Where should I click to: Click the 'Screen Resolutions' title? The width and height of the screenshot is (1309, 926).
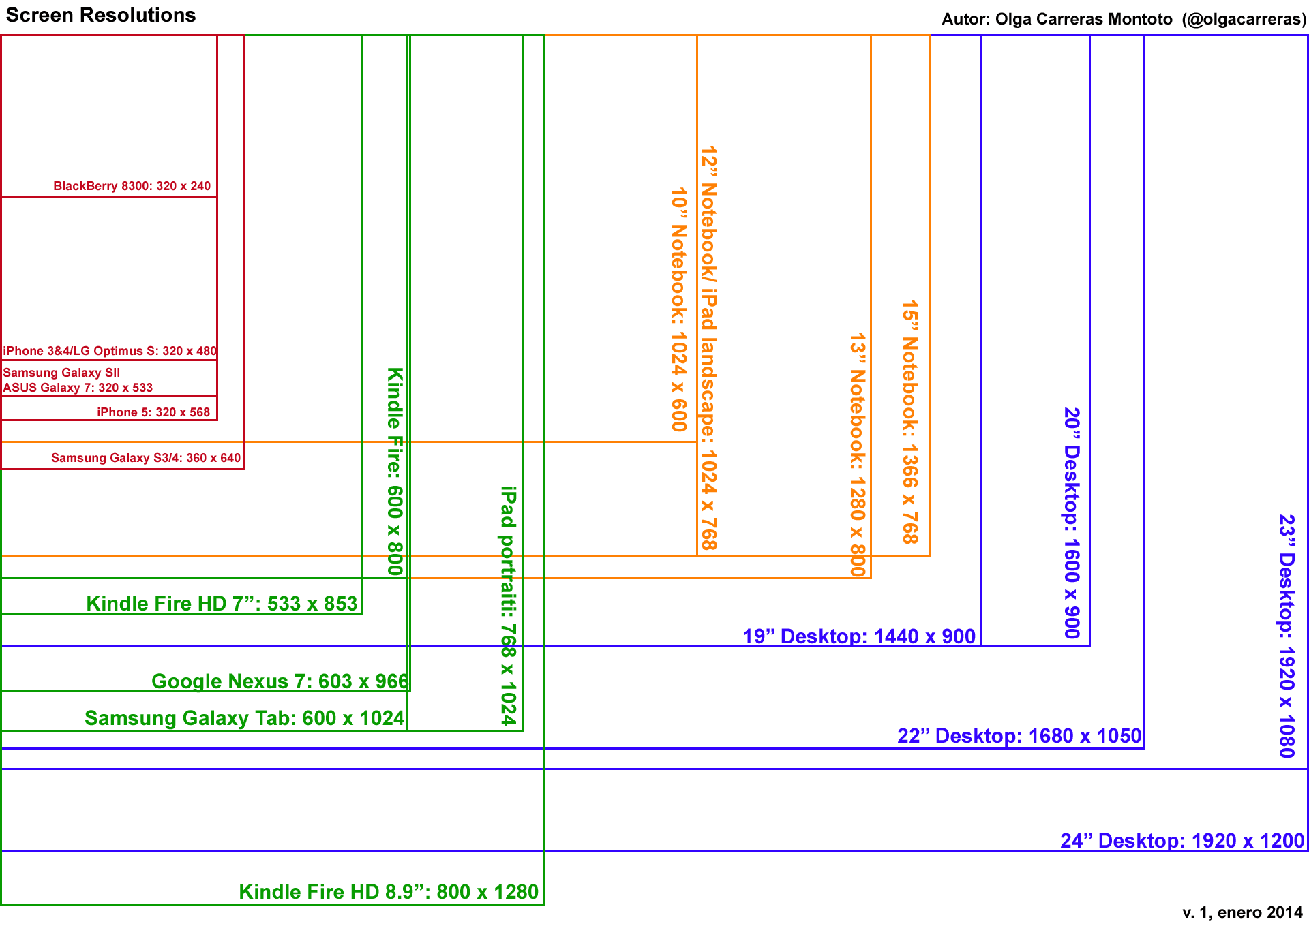click(101, 16)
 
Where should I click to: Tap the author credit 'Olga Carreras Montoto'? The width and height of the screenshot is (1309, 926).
click(1083, 19)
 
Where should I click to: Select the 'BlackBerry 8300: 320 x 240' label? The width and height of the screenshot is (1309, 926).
click(132, 186)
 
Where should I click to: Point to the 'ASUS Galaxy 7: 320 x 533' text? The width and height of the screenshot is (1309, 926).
click(78, 388)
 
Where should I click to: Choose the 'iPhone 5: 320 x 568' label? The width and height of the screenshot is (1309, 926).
click(153, 412)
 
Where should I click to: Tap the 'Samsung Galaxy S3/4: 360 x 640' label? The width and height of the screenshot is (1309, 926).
click(146, 458)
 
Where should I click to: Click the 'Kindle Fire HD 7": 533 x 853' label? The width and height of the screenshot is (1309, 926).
click(222, 604)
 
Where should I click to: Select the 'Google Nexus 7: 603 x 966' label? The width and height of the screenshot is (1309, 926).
click(280, 681)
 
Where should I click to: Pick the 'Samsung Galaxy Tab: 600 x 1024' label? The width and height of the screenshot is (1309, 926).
click(244, 718)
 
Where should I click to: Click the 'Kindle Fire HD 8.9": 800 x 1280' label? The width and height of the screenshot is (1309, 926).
click(389, 892)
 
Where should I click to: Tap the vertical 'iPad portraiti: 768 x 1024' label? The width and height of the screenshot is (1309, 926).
click(509, 605)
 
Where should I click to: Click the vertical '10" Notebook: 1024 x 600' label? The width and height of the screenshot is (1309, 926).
click(679, 310)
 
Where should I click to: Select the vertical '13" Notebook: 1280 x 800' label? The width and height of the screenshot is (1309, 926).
click(858, 454)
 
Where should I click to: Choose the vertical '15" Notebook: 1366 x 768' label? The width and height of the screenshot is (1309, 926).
click(911, 422)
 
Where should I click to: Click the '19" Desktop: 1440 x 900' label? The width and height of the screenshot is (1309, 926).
click(859, 636)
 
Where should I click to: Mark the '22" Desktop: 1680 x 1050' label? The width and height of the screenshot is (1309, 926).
click(1019, 736)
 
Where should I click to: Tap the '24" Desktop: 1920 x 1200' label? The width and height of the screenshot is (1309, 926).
click(1182, 841)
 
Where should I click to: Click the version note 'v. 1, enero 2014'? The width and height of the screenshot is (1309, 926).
click(1242, 912)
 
